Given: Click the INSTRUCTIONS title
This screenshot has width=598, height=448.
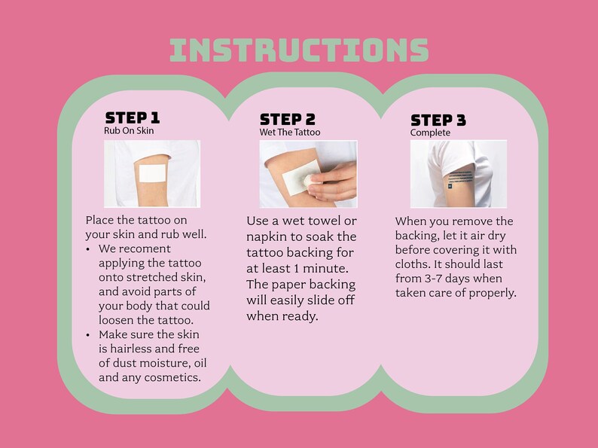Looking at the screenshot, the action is pos(299,50).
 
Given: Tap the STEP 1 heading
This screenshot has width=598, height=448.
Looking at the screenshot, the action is pos(133,117).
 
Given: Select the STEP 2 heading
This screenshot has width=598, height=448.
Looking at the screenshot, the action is pos(288,119).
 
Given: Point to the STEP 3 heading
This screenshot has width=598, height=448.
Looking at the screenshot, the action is pos(438,120).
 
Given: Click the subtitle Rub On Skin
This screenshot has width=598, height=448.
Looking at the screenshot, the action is pos(129,131).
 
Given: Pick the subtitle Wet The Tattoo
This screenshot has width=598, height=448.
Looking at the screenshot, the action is pos(290,133).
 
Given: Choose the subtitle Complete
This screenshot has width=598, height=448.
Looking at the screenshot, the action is pos(430,133).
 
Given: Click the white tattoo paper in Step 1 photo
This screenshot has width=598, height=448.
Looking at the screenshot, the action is pos(152,173).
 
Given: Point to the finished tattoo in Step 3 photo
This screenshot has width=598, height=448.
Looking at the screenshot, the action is pos(460,179).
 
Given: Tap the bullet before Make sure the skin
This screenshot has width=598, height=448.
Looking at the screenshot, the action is pos(88,335).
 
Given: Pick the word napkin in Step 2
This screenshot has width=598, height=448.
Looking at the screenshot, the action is pos(267,237).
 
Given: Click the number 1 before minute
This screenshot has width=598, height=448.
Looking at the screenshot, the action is pos(296,268).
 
